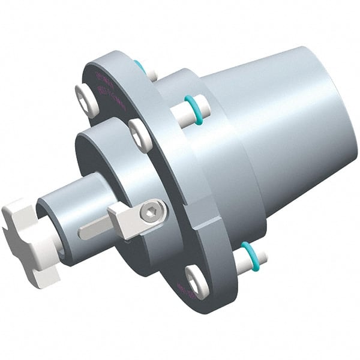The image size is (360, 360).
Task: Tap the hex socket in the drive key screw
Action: (154, 211)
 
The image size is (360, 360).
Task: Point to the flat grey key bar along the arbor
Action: (96, 229)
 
